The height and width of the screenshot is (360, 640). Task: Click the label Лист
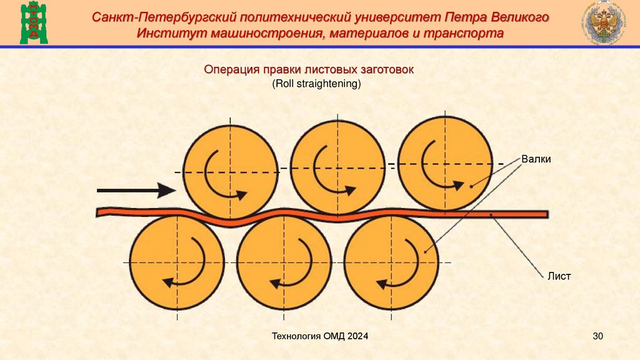[559, 276]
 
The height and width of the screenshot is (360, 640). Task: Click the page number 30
[597, 337]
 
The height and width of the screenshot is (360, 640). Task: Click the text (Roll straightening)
[317, 83]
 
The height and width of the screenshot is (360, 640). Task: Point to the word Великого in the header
[516, 17]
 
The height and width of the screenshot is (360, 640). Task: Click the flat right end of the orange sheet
[542, 214]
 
